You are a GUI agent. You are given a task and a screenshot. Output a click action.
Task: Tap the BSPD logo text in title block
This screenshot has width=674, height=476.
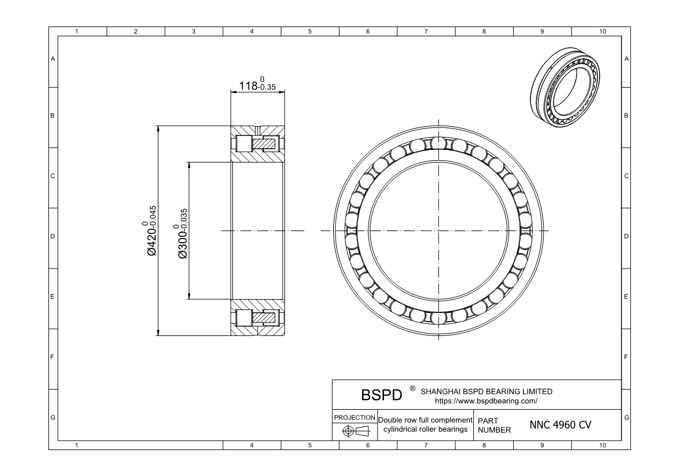point(381,396)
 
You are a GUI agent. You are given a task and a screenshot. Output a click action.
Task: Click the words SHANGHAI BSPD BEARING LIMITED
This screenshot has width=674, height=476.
point(487,391)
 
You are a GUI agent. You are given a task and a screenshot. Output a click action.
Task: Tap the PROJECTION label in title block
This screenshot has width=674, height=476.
point(355,417)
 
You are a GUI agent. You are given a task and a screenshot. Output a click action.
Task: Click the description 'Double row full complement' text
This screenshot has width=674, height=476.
point(425,420)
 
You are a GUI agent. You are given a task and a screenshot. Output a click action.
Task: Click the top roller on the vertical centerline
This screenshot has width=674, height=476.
point(439,143)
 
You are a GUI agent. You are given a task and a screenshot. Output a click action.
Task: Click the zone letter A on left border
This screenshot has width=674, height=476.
point(53,59)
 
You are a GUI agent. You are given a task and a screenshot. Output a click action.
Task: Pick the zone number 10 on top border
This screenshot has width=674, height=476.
point(602,31)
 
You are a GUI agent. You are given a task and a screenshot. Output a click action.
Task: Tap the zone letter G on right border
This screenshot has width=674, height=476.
point(626,417)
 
